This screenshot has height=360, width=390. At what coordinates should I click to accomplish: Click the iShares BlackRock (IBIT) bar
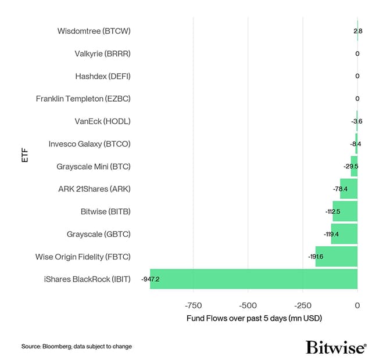253,279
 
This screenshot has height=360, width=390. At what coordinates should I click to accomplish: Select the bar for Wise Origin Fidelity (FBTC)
337,256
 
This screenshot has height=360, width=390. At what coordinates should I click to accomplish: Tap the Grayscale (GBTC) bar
344,234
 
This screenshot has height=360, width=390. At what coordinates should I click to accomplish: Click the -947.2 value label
150,279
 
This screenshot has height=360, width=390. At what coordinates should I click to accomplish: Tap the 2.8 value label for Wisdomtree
357,31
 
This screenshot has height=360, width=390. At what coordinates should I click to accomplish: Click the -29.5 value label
350,167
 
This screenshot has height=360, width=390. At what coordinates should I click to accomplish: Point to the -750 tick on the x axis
193,305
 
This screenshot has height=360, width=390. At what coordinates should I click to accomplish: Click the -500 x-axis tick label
248,305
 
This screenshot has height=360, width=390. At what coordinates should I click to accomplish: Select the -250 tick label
303,305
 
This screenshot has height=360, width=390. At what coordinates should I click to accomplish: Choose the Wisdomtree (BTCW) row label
94,31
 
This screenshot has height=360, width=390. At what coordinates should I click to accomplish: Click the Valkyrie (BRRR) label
102,53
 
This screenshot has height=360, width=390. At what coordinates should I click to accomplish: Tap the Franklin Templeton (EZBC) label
83,99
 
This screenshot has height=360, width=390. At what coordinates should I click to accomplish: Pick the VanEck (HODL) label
102,121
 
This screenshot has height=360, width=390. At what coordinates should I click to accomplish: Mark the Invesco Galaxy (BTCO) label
90,144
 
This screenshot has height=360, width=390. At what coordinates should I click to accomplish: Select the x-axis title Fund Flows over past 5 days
254,319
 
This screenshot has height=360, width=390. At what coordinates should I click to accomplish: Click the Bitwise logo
336,347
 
